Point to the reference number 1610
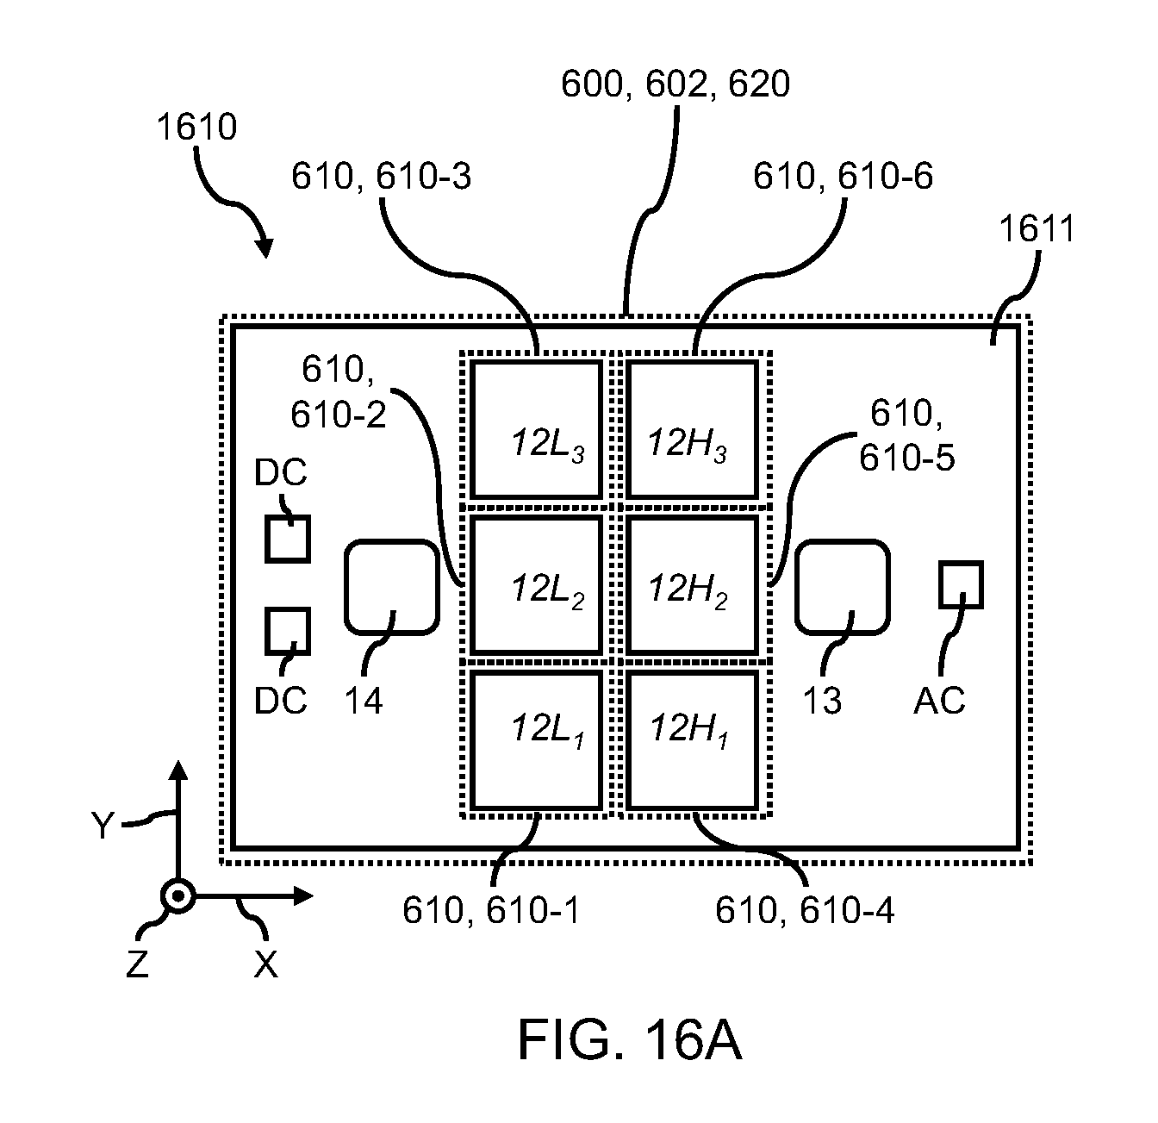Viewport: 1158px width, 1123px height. click(196, 127)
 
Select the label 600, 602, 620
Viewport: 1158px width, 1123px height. click(675, 84)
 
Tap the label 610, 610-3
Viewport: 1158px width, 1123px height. click(381, 177)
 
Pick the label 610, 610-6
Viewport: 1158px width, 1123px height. click(843, 177)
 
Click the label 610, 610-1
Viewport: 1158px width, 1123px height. click(491, 910)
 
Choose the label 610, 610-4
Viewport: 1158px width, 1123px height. click(805, 910)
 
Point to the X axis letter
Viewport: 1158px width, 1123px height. click(266, 964)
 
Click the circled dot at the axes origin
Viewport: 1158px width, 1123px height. click(178, 895)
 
